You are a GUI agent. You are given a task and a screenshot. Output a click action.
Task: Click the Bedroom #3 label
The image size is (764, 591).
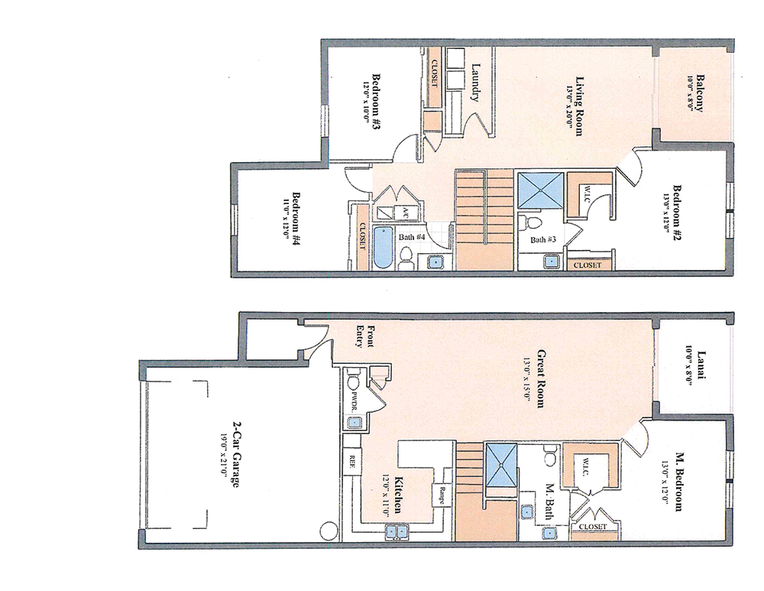pos(376,101)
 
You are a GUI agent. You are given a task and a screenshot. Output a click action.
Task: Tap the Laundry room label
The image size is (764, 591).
pos(476,83)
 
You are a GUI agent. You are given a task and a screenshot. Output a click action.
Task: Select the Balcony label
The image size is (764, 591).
pos(700,93)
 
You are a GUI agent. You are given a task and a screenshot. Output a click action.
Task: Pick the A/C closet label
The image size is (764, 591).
pos(405,213)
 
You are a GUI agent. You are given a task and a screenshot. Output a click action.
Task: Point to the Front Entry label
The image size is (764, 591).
pos(365,336)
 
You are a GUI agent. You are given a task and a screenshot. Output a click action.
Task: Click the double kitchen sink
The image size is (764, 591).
pos(397,531)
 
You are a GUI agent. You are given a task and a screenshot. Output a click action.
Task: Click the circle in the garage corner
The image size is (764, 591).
pos(329,531)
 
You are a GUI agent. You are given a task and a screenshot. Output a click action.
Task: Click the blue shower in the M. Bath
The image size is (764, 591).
pos(501,463)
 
